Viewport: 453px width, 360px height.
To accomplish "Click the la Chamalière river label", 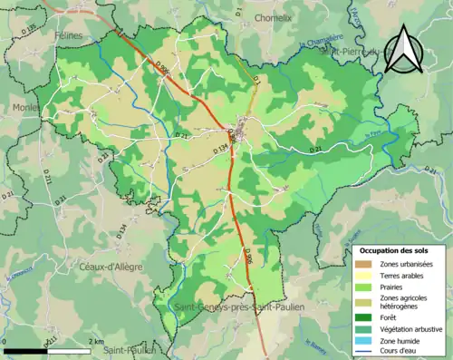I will tap(321, 42).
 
